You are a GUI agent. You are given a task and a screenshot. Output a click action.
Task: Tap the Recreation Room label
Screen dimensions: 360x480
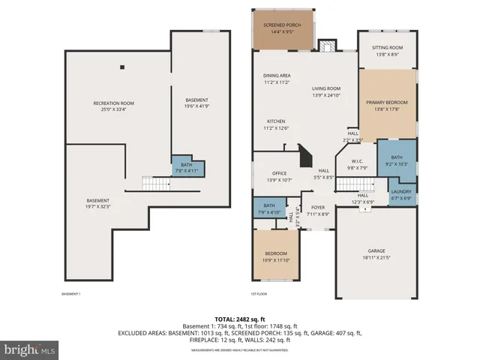click(x=113, y=106)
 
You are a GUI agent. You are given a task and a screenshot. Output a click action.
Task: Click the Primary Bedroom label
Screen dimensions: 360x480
click(x=388, y=105)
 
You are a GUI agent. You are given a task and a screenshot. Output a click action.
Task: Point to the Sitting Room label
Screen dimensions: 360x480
click(x=388, y=51)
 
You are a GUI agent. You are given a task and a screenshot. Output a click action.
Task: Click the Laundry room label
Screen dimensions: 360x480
click(x=401, y=195)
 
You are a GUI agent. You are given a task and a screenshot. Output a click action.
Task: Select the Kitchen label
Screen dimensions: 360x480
click(x=276, y=124)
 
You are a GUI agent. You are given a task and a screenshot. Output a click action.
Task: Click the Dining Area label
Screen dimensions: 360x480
click(x=277, y=79)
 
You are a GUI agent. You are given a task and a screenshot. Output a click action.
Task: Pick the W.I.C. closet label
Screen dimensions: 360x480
click(x=357, y=165)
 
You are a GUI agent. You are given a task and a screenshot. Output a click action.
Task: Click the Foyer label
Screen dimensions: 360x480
click(x=318, y=211)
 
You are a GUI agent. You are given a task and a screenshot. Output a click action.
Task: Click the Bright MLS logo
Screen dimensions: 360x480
click(x=30, y=349)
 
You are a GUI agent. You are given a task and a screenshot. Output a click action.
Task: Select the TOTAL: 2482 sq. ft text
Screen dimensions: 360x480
click(x=240, y=319)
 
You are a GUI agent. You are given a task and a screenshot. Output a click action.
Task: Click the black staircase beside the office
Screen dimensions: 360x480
click(x=304, y=157)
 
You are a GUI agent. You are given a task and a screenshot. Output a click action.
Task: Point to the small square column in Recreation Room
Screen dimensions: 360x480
click(x=121, y=66)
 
